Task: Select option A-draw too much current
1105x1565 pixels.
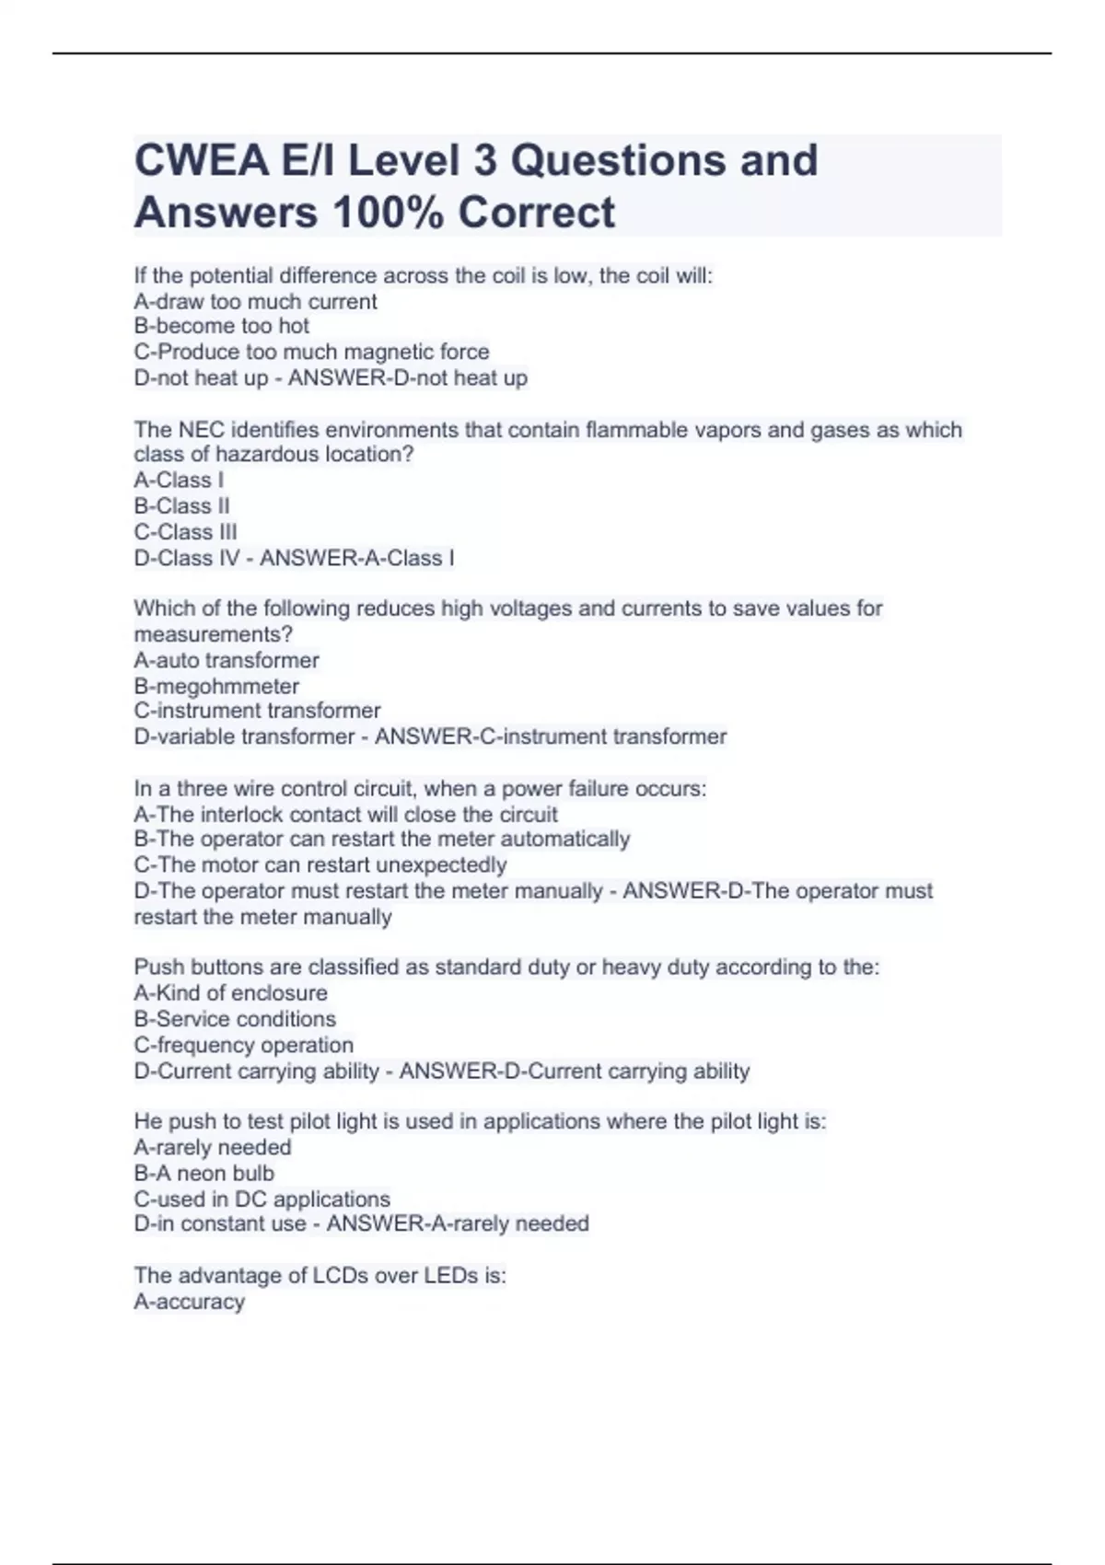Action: (255, 301)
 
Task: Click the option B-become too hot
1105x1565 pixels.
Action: (221, 326)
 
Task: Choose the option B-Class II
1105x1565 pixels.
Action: (181, 506)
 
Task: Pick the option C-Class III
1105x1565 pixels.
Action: (185, 532)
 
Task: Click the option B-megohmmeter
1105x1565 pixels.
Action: (216, 686)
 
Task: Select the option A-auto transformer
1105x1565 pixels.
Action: (227, 660)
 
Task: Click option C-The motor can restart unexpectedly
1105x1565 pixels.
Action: (320, 865)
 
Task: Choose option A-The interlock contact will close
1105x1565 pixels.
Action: (345, 815)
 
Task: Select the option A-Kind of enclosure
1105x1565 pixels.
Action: (230, 993)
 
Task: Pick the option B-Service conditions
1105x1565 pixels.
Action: (235, 1019)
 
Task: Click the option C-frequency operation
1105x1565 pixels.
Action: (243, 1045)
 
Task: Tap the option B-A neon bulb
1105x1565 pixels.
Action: (204, 1174)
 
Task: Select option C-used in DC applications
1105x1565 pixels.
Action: (262, 1200)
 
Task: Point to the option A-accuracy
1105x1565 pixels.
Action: (189, 1302)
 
